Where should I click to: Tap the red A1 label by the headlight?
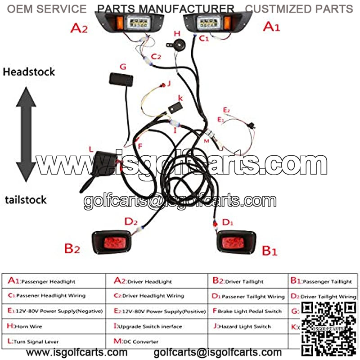click(x=271, y=27)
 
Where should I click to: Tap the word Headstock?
click(x=29, y=72)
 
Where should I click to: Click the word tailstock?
click(x=26, y=200)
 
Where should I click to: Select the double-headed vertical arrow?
click(x=26, y=134)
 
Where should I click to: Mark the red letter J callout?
click(x=169, y=83)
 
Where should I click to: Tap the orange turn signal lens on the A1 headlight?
click(x=228, y=22)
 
